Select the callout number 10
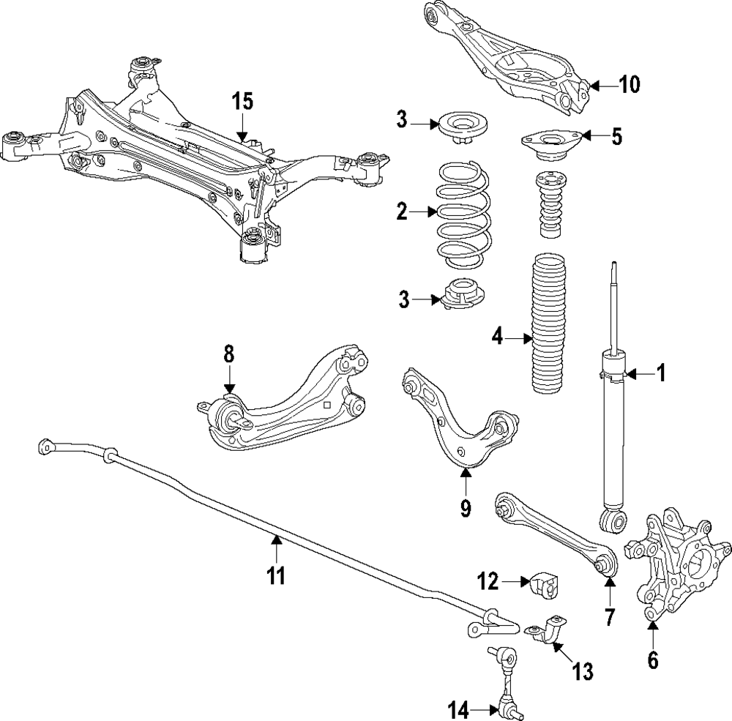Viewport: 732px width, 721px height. click(629, 85)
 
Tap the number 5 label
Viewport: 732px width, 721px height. click(617, 137)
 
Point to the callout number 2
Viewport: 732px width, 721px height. click(401, 212)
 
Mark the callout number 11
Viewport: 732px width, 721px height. click(275, 575)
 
